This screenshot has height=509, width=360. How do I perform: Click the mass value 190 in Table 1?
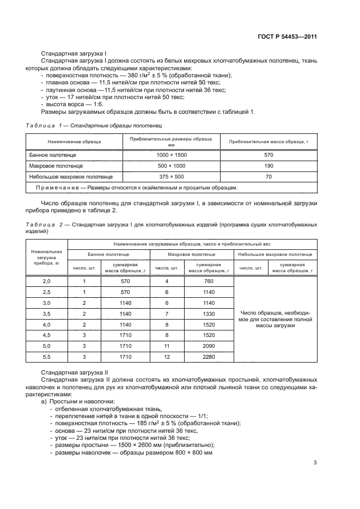[268, 165]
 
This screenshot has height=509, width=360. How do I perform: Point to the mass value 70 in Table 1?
[268, 176]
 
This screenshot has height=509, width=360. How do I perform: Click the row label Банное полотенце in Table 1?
[52, 155]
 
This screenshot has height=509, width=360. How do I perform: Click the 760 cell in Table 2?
[208, 281]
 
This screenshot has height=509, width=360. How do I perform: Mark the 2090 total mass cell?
[208, 346]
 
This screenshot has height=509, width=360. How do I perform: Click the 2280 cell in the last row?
[208, 357]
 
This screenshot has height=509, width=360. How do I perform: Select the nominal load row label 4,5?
[46, 335]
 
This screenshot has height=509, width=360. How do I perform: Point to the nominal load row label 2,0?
[46, 281]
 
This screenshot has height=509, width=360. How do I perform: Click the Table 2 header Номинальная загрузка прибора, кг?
[46, 256]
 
